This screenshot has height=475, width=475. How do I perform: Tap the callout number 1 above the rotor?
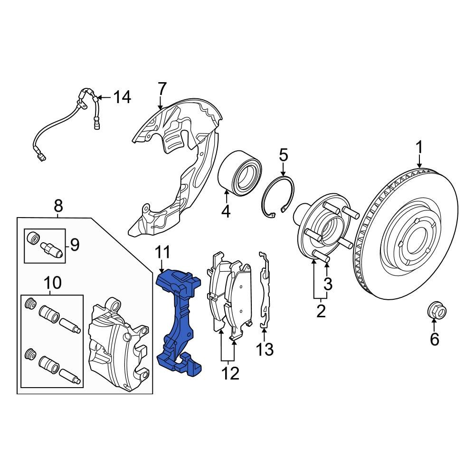click(419, 148)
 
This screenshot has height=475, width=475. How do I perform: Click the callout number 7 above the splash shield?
click(162, 88)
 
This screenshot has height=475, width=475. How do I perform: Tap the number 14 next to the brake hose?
click(122, 97)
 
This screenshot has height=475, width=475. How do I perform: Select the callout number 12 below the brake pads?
click(230, 374)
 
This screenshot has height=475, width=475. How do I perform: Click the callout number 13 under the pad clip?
click(265, 350)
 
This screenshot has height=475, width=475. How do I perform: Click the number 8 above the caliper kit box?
click(58, 206)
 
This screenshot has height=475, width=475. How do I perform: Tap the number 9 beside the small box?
click(75, 245)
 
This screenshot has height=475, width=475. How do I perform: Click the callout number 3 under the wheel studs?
click(328, 285)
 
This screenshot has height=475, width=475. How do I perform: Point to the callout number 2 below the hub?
click(321, 312)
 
